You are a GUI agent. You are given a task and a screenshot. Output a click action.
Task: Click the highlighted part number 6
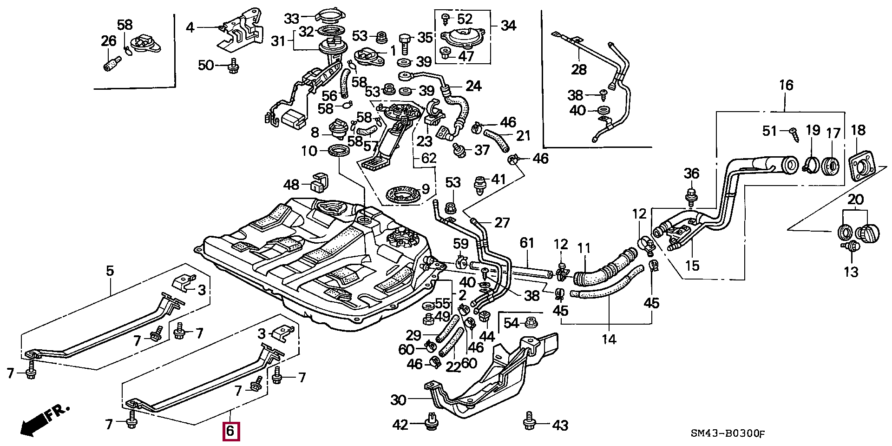click(231, 431)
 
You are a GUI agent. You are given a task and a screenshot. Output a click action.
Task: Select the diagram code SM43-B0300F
click(727, 434)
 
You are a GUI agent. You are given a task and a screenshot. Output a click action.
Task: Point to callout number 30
click(398, 400)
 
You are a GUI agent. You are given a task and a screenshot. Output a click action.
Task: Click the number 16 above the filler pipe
click(786, 85)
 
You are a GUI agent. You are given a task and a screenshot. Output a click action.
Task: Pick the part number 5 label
click(110, 271)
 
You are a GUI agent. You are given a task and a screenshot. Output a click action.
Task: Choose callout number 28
click(579, 70)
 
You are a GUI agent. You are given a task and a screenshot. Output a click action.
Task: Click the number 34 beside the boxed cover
click(508, 26)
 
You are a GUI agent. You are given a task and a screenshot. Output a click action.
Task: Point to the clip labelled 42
click(432, 421)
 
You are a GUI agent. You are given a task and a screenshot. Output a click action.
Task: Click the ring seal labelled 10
click(339, 151)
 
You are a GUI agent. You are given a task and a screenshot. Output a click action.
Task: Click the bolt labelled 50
click(233, 67)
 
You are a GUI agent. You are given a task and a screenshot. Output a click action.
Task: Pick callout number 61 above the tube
click(527, 243)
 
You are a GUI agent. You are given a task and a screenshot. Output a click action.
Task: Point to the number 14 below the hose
click(609, 339)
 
